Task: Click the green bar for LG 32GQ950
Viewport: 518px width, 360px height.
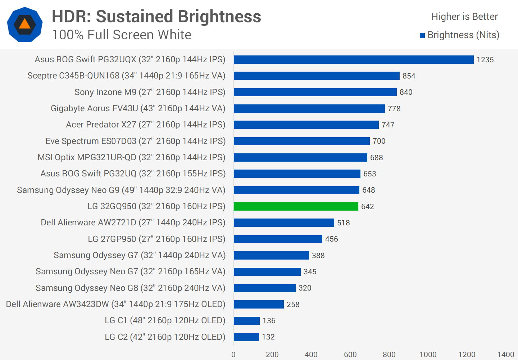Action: pos(296,206)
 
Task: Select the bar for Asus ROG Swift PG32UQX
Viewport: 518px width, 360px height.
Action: pos(354,59)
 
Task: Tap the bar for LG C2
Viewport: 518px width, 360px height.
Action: pos(246,337)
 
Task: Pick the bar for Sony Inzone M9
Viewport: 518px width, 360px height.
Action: pos(315,92)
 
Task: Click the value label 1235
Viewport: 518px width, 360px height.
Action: pos(485,60)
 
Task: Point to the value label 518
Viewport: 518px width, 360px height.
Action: pos(343,223)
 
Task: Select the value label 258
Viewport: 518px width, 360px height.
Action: pos(293,305)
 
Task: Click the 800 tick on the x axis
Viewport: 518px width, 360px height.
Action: pos(389,355)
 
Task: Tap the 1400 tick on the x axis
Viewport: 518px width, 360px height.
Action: pos(505,355)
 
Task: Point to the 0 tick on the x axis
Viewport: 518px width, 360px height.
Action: pos(233,355)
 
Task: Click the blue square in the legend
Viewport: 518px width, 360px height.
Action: pos(422,35)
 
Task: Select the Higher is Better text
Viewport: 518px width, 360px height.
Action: pos(464,17)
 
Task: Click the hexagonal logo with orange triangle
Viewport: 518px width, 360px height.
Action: pos(25,24)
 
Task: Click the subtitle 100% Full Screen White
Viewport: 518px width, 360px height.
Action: pos(122,35)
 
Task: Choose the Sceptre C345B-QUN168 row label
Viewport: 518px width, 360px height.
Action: pos(126,76)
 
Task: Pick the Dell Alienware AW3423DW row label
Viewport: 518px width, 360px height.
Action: pos(115,304)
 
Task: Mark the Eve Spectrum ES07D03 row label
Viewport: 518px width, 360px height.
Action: pos(135,141)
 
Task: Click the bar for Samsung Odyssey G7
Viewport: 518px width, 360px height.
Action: pos(271,255)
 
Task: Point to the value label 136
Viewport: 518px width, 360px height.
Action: pos(269,321)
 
